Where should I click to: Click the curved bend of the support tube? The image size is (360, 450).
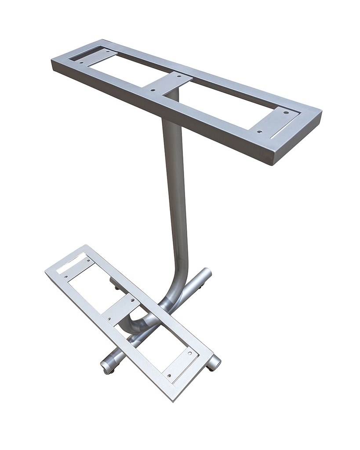[x=174, y=290]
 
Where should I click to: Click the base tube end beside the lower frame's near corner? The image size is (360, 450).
[x=214, y=363]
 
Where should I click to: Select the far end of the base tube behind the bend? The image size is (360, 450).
[x=205, y=275]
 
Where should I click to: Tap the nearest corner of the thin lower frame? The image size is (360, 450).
[x=173, y=398]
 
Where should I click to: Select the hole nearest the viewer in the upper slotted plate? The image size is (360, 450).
[x=259, y=131]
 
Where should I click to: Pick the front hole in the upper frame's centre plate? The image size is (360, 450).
[x=153, y=90]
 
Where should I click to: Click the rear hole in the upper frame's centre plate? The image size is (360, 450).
[x=178, y=76]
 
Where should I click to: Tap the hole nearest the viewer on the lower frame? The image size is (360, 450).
[x=170, y=375]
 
